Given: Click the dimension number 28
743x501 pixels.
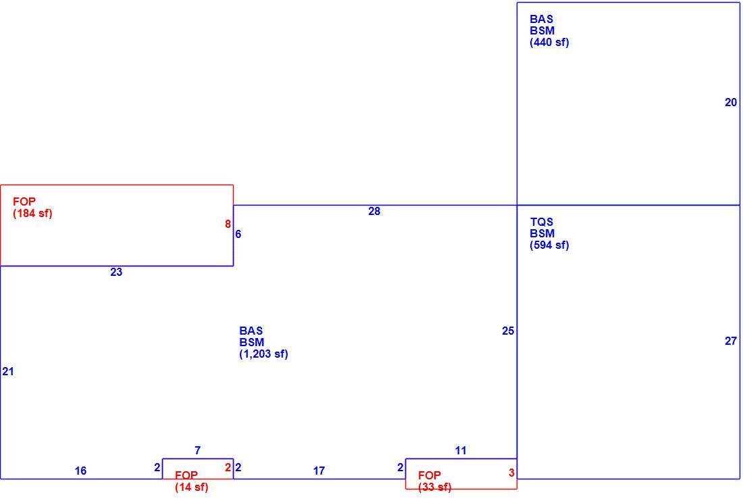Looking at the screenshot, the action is (374, 211).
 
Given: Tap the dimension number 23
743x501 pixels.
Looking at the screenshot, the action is (116, 272).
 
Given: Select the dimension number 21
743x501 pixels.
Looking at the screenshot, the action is (8, 371).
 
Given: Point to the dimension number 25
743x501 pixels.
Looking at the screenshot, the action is (508, 331).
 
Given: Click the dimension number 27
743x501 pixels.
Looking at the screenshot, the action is (731, 341).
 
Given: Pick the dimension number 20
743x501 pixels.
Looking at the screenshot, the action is (731, 103).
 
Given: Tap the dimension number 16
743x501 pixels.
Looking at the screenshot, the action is (80, 471).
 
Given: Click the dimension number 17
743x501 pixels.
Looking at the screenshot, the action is (319, 471).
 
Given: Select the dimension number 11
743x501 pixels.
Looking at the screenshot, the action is (461, 451).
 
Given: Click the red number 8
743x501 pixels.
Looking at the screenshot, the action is (228, 224).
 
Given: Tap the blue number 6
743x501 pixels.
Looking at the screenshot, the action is (238, 234).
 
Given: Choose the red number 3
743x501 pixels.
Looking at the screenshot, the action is (511, 473).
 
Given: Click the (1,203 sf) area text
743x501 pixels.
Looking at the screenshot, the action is (263, 354).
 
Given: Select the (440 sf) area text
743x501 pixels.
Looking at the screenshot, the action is (549, 42).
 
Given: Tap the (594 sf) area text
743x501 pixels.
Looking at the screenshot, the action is (549, 245).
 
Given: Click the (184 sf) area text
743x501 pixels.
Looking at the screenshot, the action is (32, 214).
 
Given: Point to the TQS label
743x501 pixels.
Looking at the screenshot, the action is (542, 222).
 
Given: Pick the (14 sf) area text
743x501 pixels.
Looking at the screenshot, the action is (191, 487).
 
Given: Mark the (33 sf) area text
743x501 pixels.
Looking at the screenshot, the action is (434, 487).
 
